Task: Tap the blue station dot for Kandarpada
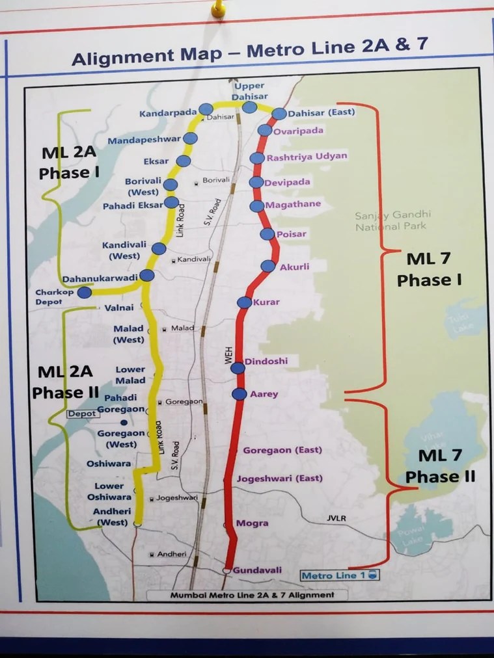pyautogui.click(x=206, y=109)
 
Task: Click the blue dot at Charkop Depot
pyautogui.click(x=85, y=293)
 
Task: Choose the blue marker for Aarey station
pyautogui.click(x=239, y=394)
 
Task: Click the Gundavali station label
pyautogui.click(x=258, y=570)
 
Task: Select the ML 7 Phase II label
pyautogui.click(x=441, y=466)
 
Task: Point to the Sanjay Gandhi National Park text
pyautogui.click(x=392, y=221)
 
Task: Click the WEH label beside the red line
pyautogui.click(x=228, y=356)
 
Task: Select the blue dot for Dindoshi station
pyautogui.click(x=238, y=368)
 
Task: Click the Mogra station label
pyautogui.click(x=253, y=523)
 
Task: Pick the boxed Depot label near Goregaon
pyautogui.click(x=83, y=414)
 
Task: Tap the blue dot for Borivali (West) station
pyautogui.click(x=171, y=185)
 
